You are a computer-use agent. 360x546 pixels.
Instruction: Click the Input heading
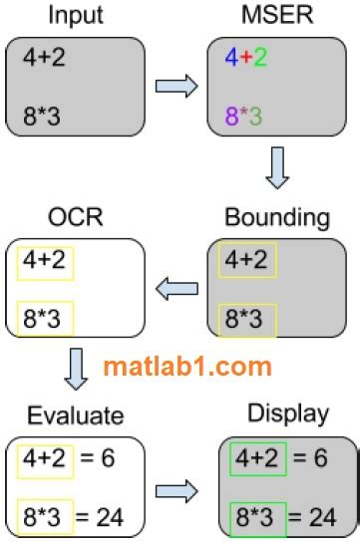click(x=76, y=16)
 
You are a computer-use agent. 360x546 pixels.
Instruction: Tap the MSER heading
click(x=277, y=15)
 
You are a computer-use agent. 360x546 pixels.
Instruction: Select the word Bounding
click(x=277, y=218)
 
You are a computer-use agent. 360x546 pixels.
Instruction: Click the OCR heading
click(x=75, y=217)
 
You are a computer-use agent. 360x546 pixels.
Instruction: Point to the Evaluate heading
click(x=76, y=415)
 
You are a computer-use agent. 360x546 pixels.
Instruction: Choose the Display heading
click(x=288, y=414)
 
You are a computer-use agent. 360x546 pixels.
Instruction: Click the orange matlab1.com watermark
click(x=187, y=367)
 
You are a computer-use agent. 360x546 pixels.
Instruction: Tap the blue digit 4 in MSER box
click(x=231, y=58)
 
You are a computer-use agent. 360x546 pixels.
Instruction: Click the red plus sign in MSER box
click(x=246, y=57)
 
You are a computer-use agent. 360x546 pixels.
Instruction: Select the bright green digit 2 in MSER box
click(x=260, y=58)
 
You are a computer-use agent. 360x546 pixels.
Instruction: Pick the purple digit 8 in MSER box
click(x=231, y=116)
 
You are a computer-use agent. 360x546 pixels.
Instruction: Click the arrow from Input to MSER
click(x=177, y=86)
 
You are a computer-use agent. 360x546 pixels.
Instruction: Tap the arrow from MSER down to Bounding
click(x=277, y=167)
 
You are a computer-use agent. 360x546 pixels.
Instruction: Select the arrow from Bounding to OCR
click(x=177, y=289)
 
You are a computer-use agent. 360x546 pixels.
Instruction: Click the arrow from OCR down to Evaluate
click(x=76, y=369)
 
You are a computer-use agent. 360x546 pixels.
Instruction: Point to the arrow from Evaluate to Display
click(x=177, y=491)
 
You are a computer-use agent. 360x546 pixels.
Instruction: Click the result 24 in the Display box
click(x=323, y=517)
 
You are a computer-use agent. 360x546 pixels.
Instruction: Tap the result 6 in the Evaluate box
click(x=108, y=458)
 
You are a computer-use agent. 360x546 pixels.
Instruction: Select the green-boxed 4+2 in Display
click(x=257, y=458)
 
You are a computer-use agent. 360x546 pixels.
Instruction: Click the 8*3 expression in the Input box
click(x=42, y=116)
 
